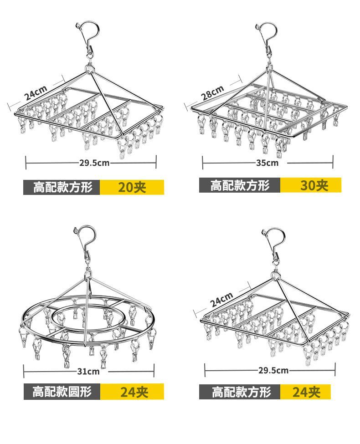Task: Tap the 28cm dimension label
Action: (x=212, y=92)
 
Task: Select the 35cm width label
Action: (x=267, y=163)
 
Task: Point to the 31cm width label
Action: (x=88, y=371)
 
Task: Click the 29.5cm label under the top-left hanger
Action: (x=94, y=163)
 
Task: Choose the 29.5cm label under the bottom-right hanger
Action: (x=273, y=370)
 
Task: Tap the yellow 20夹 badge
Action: (x=132, y=187)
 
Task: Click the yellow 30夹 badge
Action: (x=311, y=185)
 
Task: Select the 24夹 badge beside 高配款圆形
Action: (x=132, y=392)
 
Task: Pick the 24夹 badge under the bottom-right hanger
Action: (x=305, y=392)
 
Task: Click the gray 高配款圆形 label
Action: (x=62, y=392)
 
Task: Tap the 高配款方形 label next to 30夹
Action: (x=240, y=185)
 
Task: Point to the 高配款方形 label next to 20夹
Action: (x=62, y=187)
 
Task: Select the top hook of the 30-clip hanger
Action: (x=267, y=32)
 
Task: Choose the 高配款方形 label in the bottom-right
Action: (x=240, y=392)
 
